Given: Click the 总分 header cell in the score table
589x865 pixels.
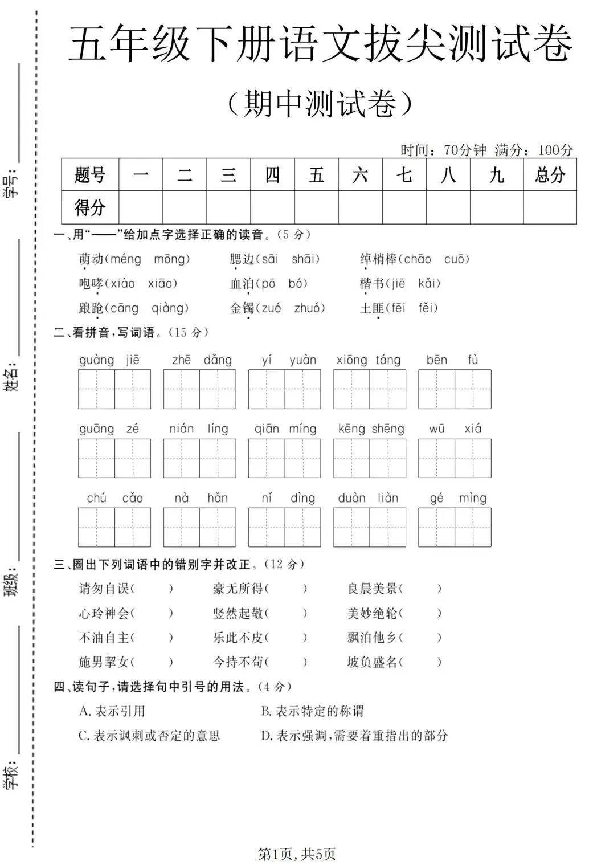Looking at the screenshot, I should [550, 175].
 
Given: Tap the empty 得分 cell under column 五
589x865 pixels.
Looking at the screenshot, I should [316, 207].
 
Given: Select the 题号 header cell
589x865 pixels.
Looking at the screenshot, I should [90, 175].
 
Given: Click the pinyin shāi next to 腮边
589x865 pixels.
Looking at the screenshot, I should [305, 259].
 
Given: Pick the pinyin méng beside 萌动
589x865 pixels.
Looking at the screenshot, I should [125, 259].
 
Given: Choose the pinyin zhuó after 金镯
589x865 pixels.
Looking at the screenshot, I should [309, 308].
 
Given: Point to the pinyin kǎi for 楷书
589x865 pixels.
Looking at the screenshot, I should [429, 284].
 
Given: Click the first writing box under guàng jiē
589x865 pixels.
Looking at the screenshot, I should [97, 389].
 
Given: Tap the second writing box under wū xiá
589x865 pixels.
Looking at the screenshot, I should [473, 458].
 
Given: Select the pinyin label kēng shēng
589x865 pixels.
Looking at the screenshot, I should [371, 429].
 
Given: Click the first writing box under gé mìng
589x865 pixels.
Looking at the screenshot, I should [436, 528].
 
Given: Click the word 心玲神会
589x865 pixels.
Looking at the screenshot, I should [104, 613].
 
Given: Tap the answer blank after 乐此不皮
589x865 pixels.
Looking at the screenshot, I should [287, 638].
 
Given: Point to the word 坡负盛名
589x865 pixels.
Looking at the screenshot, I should [372, 662].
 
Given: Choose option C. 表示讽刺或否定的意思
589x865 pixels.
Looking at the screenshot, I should [149, 736].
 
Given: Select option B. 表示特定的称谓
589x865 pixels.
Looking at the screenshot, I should [312, 711].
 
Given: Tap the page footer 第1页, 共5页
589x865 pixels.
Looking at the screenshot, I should [297, 854].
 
